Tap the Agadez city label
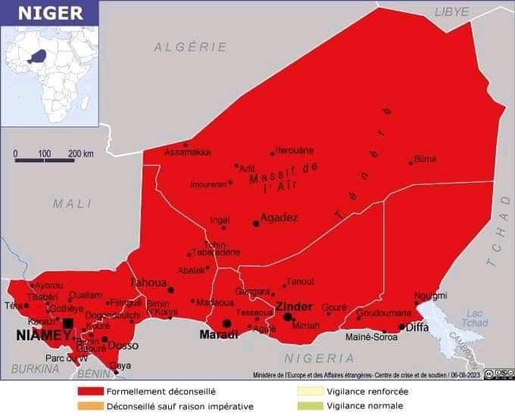click(x=279, y=218)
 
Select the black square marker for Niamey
click(x=68, y=324)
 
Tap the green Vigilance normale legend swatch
click(x=309, y=406)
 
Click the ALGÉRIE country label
click(x=191, y=47)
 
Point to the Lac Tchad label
click(x=474, y=318)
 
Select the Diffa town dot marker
click(x=401, y=327)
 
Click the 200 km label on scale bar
click(x=81, y=154)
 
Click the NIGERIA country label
click(x=320, y=358)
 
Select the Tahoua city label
click(x=148, y=283)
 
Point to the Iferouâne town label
click(x=295, y=150)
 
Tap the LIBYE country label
click(x=451, y=11)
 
